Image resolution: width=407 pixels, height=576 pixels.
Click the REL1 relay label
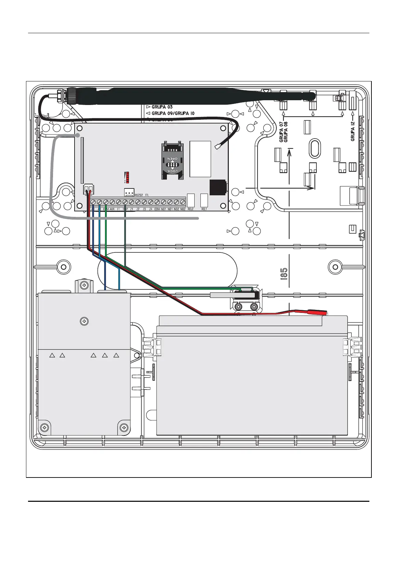pos(204,209)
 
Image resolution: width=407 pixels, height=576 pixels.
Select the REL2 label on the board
pos(191,209)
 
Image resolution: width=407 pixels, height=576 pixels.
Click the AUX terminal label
pos(112,209)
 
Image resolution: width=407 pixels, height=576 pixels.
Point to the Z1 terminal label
pos(132,209)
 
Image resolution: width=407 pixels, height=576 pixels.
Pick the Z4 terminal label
pos(150,209)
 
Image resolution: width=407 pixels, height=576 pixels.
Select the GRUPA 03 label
pos(162,107)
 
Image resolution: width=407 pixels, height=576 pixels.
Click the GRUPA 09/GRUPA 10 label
pos(173,113)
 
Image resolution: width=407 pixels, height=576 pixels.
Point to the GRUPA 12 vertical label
pos(353,131)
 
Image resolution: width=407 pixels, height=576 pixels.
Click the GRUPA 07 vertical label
pos(281,132)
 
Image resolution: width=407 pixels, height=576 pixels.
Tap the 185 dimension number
pos(284,274)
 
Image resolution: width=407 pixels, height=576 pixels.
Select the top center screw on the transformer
pos(84,322)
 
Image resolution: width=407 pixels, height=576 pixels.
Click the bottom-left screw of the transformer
pos(44,428)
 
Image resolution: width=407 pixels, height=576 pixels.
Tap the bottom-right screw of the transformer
pos(124,428)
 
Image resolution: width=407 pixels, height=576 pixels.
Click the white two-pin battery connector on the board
pos(88,189)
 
